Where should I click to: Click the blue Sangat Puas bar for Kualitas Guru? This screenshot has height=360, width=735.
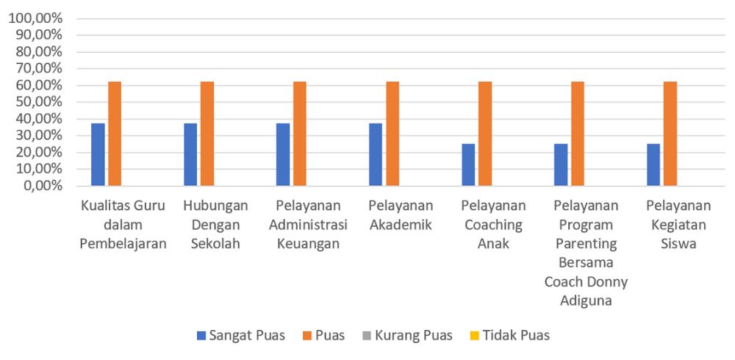(98, 154)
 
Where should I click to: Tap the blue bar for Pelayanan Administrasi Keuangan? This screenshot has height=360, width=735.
(283, 154)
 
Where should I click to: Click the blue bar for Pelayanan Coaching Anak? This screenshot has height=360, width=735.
(468, 165)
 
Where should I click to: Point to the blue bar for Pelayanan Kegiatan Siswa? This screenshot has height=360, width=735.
(653, 165)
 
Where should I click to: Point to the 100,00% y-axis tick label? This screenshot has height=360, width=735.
(35, 18)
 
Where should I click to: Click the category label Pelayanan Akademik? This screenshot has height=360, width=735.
(401, 215)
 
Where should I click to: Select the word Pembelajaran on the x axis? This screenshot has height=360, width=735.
(123, 244)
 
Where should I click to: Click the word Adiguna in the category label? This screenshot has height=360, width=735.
(586, 300)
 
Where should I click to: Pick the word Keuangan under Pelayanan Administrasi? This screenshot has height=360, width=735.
(308, 244)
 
